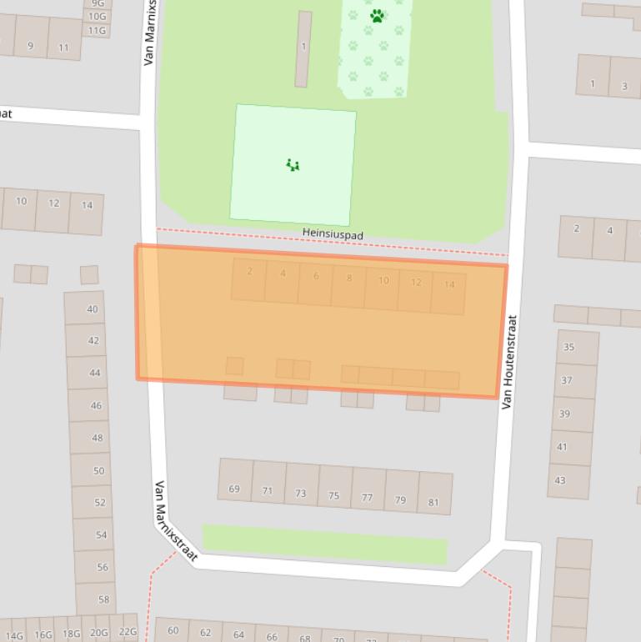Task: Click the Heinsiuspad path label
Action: click(x=333, y=236)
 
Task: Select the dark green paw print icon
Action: click(x=378, y=15)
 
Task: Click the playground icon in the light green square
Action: click(x=293, y=165)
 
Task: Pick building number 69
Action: click(x=234, y=489)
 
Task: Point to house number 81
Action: click(x=433, y=502)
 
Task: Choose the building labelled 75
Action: click(x=333, y=495)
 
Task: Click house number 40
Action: click(x=92, y=308)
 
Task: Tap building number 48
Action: click(x=98, y=438)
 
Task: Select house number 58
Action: click(x=103, y=599)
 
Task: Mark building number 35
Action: click(x=568, y=347)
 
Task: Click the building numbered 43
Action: click(x=560, y=480)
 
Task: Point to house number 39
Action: click(x=564, y=414)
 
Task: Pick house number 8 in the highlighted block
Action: click(x=349, y=278)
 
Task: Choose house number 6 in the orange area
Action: click(x=316, y=276)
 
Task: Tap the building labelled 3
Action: click(x=623, y=85)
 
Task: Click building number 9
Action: click(x=31, y=46)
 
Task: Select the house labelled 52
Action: click(x=101, y=502)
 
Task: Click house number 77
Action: click(x=367, y=498)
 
